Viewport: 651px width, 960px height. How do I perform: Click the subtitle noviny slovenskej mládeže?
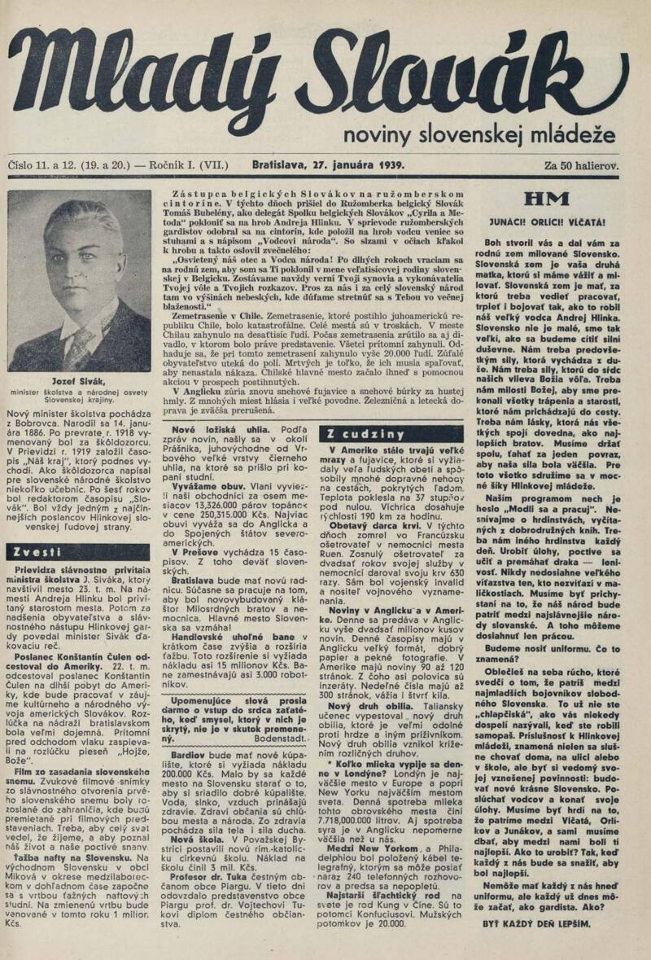point(479,135)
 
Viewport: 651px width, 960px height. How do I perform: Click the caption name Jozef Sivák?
point(81,380)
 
